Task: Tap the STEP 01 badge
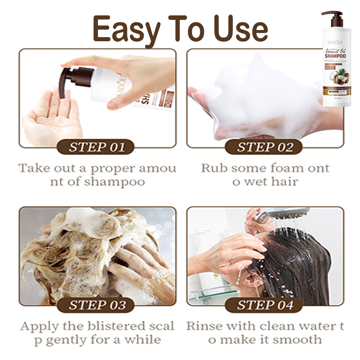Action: coord(96,147)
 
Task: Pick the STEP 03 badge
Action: coord(96,305)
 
